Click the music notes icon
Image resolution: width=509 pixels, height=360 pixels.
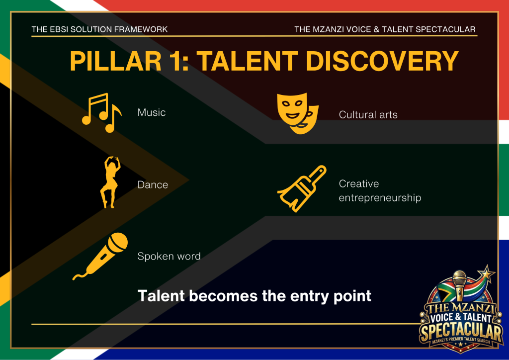point(101,113)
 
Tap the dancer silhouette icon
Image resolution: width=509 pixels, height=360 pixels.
point(110,182)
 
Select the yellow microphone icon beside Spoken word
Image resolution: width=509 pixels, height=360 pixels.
point(100,256)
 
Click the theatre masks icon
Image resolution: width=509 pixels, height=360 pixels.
point(298,113)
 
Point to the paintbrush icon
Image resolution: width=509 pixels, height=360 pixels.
point(302,188)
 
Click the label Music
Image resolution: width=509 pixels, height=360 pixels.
point(152,112)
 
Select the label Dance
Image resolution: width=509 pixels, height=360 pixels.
point(153,184)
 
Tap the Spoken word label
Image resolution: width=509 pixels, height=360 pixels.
point(169,256)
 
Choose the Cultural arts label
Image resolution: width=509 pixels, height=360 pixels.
point(368,114)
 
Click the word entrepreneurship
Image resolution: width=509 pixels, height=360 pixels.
point(380,198)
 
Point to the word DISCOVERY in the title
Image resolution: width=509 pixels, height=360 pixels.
point(382,61)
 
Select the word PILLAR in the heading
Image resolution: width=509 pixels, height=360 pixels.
point(115,61)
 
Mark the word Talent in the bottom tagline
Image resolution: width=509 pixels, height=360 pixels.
point(162,296)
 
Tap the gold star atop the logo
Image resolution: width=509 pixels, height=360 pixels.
point(486,272)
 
